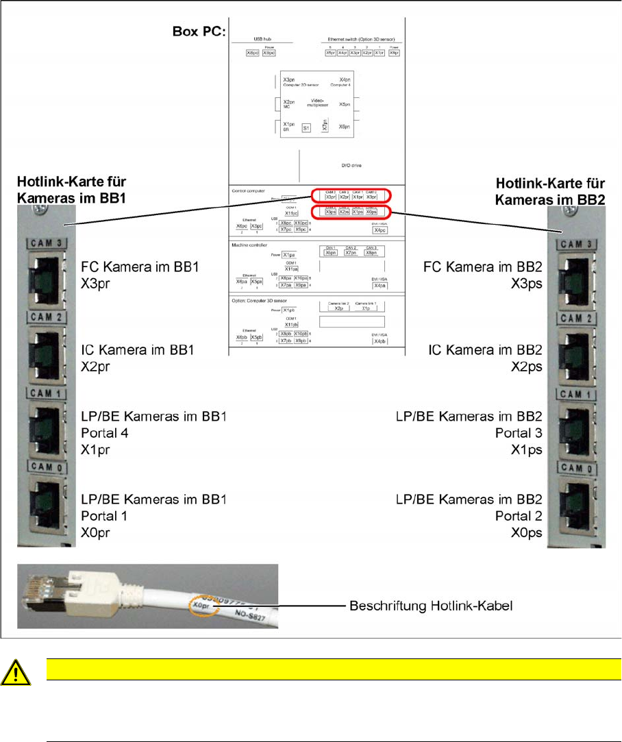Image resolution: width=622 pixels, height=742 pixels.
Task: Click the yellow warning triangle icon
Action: (14, 674)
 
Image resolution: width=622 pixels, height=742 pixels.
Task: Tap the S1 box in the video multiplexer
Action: (306, 127)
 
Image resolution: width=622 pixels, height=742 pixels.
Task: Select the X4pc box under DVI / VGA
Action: (375, 230)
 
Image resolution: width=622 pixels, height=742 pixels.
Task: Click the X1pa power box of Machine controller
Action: (289, 254)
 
